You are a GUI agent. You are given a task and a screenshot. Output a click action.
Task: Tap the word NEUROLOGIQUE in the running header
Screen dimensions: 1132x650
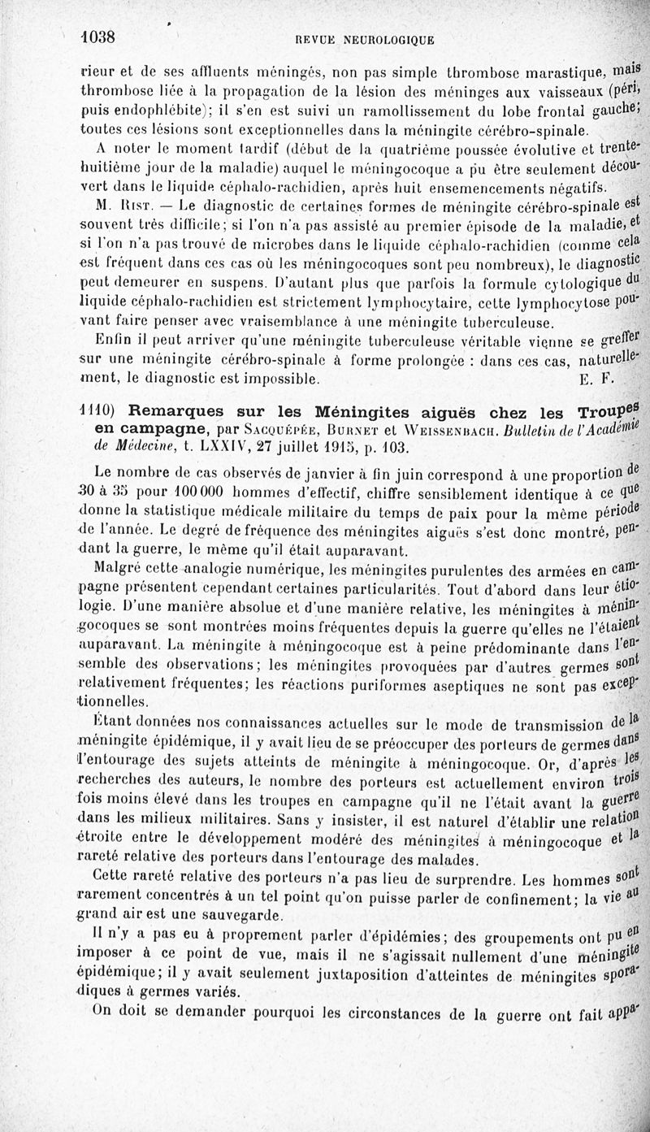point(389,41)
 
